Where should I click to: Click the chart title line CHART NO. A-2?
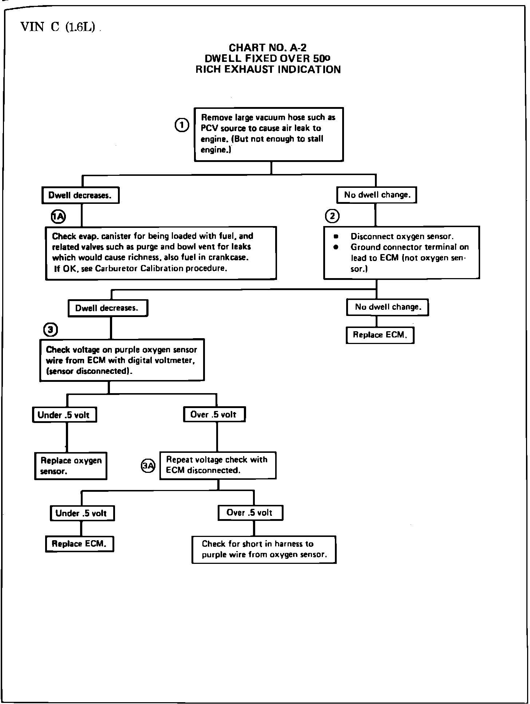[268, 48]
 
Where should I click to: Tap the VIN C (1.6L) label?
[58, 27]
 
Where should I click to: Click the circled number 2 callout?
[332, 216]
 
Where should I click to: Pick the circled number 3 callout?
[50, 330]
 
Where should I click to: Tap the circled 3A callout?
[148, 466]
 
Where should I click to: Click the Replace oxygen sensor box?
[71, 466]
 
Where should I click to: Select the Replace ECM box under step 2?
[380, 335]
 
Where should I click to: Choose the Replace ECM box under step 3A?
[80, 544]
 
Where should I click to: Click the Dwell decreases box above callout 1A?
[81, 195]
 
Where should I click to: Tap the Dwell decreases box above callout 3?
[108, 308]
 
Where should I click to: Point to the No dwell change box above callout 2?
[377, 195]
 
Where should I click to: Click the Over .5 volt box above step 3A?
[214, 414]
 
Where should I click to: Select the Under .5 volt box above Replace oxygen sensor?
[65, 415]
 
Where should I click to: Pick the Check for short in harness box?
[264, 549]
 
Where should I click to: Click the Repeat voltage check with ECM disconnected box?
[218, 465]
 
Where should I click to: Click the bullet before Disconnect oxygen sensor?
[336, 237]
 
